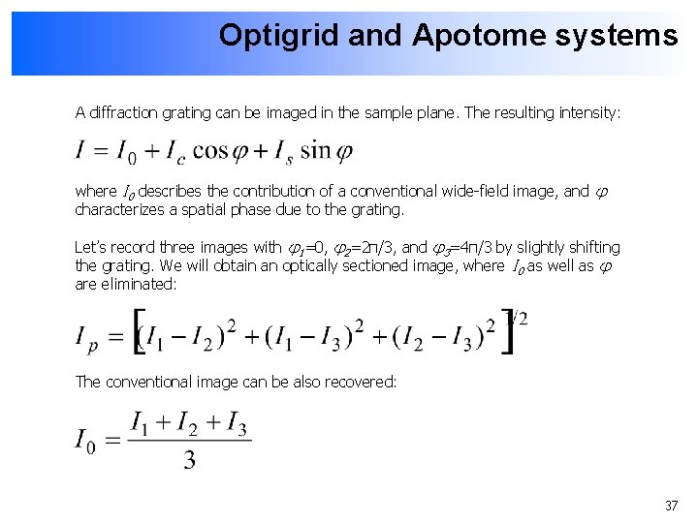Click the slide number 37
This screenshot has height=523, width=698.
tap(671, 506)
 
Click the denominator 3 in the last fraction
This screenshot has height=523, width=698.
tap(189, 461)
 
